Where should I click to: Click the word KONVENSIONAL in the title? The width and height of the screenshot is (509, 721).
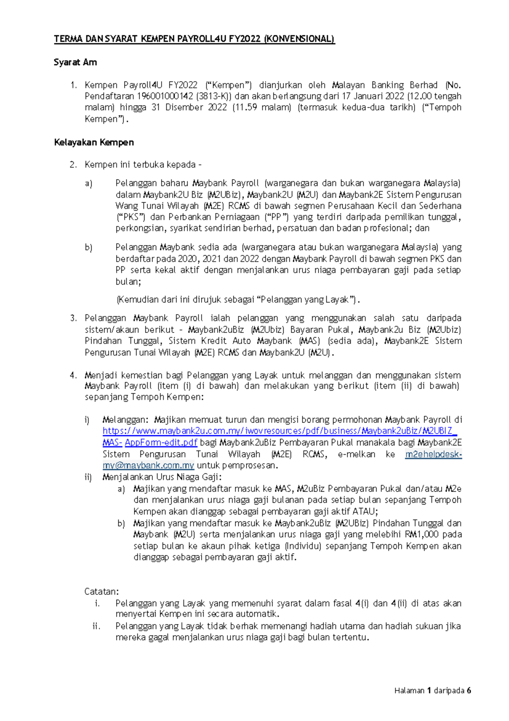pos(299,39)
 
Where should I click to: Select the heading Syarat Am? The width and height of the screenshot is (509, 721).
pos(76,62)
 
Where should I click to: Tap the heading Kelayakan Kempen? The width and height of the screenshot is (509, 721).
pos(94,142)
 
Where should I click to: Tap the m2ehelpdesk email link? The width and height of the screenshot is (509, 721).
pos(433,454)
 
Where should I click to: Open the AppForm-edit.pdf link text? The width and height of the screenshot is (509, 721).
pos(161,442)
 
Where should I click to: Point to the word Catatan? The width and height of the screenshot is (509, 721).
pos(101,591)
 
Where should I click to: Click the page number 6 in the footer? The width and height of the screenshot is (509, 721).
pos(469,690)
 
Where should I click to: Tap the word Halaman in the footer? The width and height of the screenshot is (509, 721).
pos(409,690)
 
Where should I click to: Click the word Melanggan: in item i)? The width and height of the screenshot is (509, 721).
pos(126,420)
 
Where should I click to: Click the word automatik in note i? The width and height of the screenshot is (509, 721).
pos(257,614)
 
